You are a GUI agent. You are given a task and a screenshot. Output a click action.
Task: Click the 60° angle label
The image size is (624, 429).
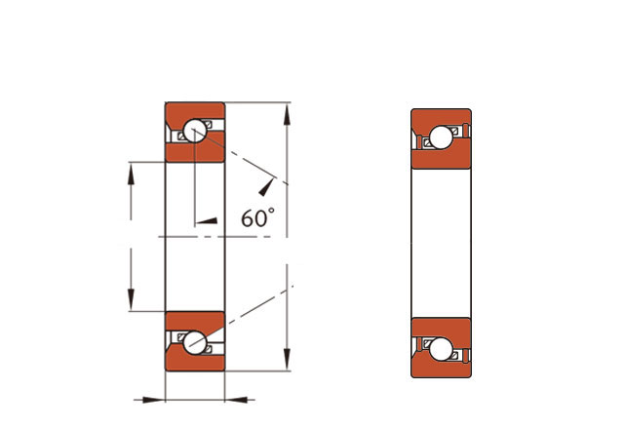(x=257, y=217)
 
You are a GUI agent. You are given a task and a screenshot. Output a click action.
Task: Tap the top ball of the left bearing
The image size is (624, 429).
(x=195, y=130)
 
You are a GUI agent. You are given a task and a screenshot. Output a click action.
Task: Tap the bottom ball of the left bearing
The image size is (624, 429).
(x=195, y=342)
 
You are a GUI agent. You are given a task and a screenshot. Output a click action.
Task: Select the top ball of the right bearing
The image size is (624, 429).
(x=441, y=137)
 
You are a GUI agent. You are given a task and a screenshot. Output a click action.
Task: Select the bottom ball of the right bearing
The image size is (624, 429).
(x=441, y=349)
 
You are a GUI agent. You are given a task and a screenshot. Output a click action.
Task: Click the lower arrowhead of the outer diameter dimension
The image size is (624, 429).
(x=287, y=360)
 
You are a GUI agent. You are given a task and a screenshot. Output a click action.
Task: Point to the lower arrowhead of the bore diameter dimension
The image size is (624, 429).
(x=131, y=300)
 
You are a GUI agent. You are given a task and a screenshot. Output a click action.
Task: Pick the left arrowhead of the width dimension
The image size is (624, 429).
(x=154, y=400)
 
